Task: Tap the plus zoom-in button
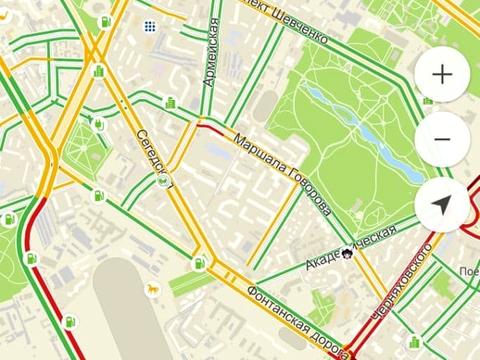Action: [x=442, y=75]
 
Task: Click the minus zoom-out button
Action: [x=442, y=139]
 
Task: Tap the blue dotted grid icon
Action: [x=149, y=25]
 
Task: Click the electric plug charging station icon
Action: [x=101, y=124]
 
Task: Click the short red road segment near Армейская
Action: [x=211, y=127]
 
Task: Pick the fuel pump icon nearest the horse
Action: [x=199, y=263]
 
